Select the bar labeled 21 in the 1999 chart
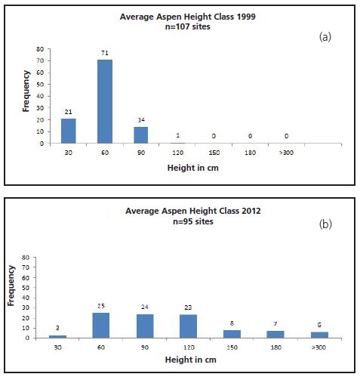coord(69,130)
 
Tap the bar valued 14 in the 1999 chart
coord(142,134)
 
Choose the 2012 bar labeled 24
coord(146,326)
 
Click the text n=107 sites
coord(180,26)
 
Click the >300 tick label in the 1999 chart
coord(286,152)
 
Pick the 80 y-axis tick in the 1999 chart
coord(39,49)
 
